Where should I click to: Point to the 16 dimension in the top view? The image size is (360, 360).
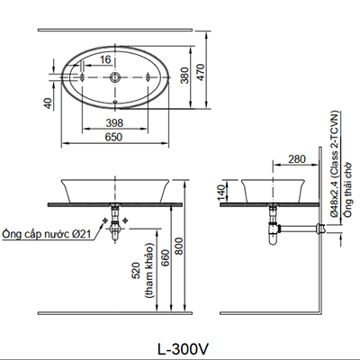pos(107,59)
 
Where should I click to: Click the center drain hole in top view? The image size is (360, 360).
pos(115,77)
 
